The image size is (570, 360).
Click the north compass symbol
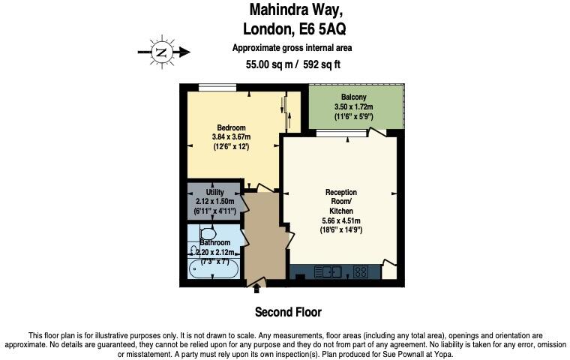pyautogui.click(x=161, y=52)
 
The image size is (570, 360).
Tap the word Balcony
pyautogui.click(x=354, y=98)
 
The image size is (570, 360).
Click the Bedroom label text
pyautogui.click(x=230, y=127)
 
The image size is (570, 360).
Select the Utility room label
pyautogui.click(x=214, y=193)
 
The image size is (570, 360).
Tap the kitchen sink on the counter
pyautogui.click(x=331, y=271)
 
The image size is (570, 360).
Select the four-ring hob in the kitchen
pyautogui.click(x=360, y=271)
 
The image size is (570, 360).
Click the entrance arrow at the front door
pyautogui.click(x=257, y=287)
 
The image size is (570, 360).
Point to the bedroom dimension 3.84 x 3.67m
pyautogui.click(x=230, y=136)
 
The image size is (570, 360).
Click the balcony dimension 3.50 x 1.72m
pyautogui.click(x=354, y=108)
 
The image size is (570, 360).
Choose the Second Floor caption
pyautogui.click(x=288, y=311)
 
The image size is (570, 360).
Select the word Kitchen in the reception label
pyautogui.click(x=341, y=211)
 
